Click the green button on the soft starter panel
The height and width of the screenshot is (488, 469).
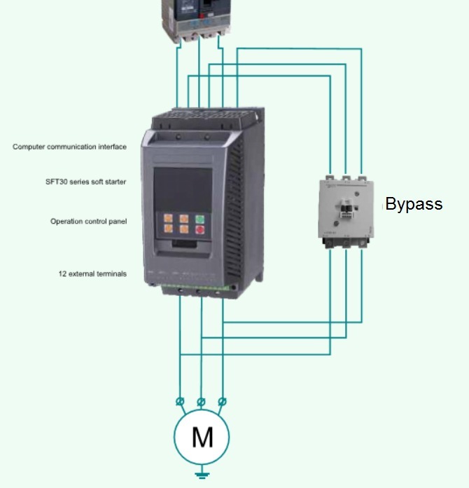coord(199,218)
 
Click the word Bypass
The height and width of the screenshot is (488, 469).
coord(414,204)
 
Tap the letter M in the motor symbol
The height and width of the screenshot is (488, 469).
coord(202,437)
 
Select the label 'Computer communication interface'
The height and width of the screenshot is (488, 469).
coord(69,147)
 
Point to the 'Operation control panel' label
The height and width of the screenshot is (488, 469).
coord(88,222)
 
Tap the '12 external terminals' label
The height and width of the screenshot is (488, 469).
coord(92,274)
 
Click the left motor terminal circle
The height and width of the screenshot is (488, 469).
coord(181,401)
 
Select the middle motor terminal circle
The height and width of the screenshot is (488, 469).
coord(202,401)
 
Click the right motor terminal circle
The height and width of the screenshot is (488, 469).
coord(223,401)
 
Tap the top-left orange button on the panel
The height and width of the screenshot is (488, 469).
coord(169,218)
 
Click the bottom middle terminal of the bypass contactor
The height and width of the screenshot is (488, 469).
coord(346,243)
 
